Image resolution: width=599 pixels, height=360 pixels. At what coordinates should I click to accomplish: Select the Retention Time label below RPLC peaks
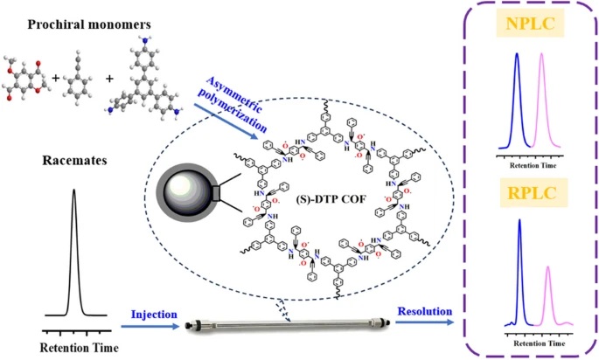[536, 343]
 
